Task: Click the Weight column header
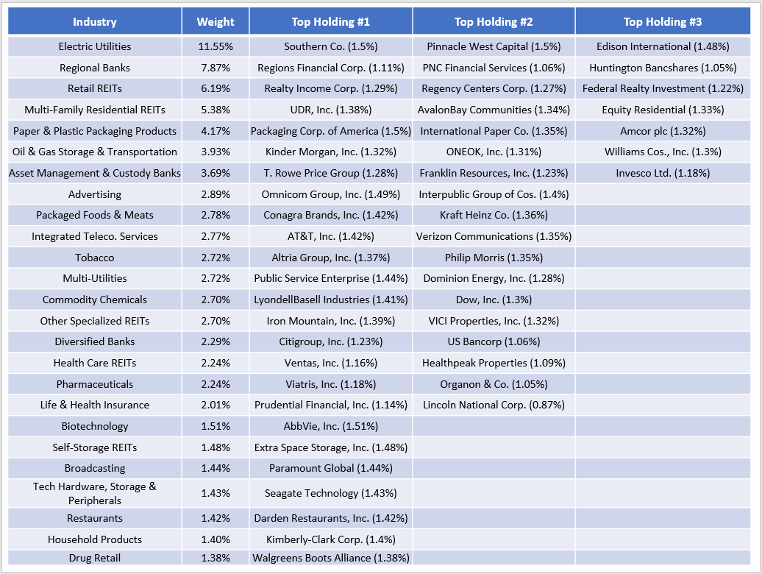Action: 216,21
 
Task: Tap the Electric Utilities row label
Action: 95,46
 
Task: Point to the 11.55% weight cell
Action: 216,46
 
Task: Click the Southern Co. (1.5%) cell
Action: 331,46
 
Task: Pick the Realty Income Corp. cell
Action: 331,89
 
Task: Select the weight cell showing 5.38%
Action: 216,110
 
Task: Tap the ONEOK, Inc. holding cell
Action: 494,152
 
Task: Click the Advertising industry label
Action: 95,194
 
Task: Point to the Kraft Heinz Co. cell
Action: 494,215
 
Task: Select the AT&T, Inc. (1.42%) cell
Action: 331,236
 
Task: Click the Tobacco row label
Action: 95,258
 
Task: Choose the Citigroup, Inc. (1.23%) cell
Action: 331,341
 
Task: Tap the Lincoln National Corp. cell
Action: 494,405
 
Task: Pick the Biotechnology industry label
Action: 95,426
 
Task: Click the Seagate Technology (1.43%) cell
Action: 331,493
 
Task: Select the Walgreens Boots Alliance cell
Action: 331,558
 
